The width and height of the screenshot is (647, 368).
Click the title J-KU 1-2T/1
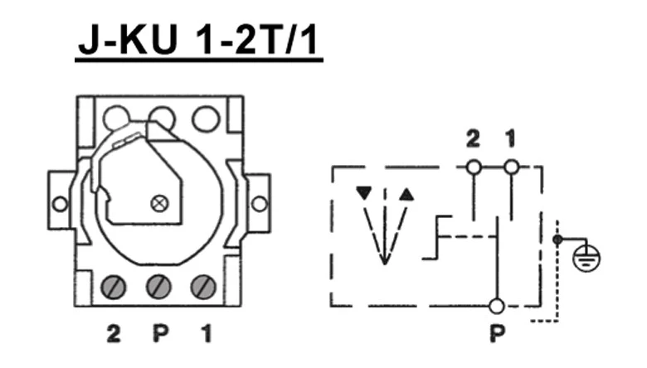click(199, 41)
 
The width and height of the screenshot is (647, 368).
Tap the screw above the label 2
click(114, 288)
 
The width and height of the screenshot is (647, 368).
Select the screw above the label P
click(158, 288)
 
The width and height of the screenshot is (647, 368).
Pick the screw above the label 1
click(203, 288)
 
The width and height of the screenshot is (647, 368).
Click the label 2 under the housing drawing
click(113, 335)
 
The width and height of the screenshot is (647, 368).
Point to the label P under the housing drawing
click(159, 335)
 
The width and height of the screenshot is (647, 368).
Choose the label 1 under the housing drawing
click(205, 335)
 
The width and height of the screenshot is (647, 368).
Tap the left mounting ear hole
click(60, 203)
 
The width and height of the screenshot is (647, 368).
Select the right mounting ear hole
click(259, 203)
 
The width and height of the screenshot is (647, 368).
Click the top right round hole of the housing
click(205, 119)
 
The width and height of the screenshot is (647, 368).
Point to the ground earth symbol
click(591, 258)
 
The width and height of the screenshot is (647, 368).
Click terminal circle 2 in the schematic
click(473, 167)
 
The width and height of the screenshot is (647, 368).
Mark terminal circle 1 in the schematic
click(512, 167)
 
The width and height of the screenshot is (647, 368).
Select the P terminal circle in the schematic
click(496, 306)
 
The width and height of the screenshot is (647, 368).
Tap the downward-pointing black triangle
click(362, 194)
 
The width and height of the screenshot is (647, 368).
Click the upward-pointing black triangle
click(406, 194)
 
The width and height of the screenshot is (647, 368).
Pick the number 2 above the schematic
click(473, 140)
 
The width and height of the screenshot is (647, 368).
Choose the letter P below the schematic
click(496, 336)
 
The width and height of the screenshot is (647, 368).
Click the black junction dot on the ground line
click(557, 240)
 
